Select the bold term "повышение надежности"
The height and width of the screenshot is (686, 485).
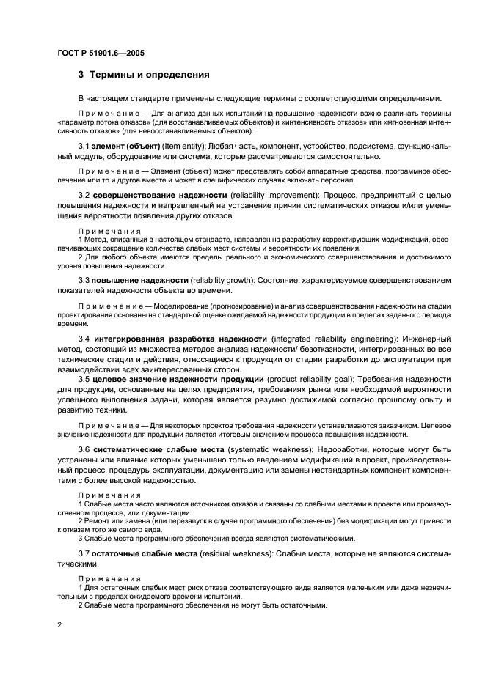click(x=140, y=281)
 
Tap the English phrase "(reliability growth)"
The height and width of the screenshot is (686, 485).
click(x=225, y=281)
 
